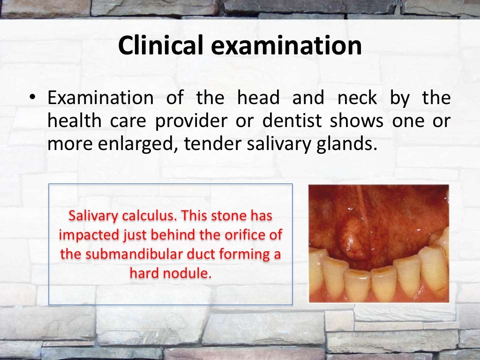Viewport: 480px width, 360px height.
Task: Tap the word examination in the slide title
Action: coord(283,46)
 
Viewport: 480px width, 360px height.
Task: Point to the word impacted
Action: coord(89,235)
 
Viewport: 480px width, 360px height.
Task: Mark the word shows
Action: coord(351,121)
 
